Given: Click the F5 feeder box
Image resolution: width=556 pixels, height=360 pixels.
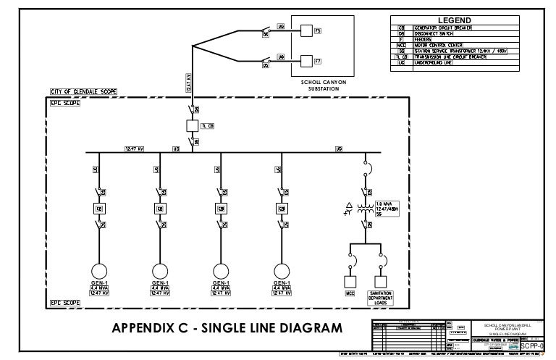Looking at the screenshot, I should coord(306,30).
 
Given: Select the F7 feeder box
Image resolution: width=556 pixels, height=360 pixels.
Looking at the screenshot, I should coord(306,61).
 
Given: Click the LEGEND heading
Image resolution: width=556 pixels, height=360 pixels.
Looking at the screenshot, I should coord(453,20).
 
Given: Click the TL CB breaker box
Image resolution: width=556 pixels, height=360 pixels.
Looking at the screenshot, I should coord(193,125).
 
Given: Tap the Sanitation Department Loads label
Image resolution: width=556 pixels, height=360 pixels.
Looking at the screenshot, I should coord(381,297).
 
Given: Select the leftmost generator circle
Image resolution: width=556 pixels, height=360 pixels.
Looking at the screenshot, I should coord(98,267).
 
